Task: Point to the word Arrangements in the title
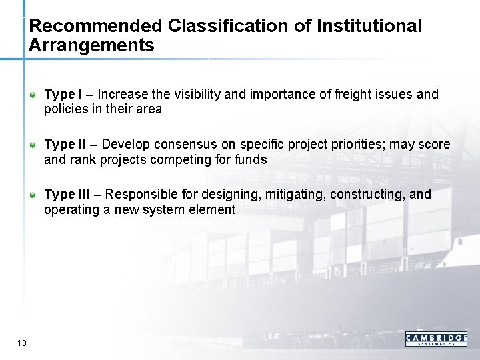click(91, 46)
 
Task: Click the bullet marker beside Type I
click(33, 94)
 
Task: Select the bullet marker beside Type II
click(33, 145)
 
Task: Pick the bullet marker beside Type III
click(33, 195)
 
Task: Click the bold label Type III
click(66, 195)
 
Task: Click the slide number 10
click(22, 343)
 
